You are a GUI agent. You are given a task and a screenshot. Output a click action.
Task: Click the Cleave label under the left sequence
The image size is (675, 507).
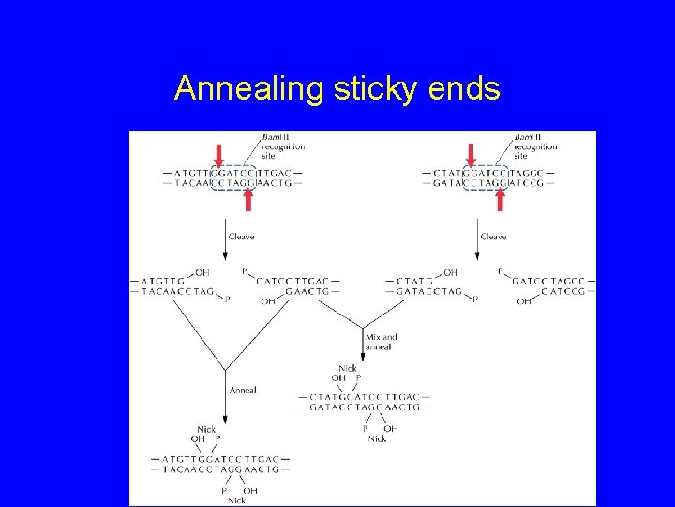coord(241,237)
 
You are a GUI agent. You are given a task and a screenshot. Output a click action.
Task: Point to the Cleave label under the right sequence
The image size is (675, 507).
coord(493,237)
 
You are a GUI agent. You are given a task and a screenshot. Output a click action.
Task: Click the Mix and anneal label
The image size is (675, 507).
coord(382,342)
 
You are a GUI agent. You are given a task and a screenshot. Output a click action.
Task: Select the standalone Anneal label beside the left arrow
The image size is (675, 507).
coord(243,390)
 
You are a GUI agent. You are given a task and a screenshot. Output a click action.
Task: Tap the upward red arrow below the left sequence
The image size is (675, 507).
coord(248,199)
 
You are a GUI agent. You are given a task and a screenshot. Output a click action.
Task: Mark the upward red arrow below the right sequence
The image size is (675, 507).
coord(501,199)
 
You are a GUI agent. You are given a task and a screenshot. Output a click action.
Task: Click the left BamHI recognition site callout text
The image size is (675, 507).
coord(283,146)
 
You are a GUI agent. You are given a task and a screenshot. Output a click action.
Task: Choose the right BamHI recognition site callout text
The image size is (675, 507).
coord(535,146)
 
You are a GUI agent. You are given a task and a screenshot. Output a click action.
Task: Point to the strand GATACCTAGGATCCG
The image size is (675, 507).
coord(487,183)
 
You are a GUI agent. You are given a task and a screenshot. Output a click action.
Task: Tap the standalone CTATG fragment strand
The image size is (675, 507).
coord(414,281)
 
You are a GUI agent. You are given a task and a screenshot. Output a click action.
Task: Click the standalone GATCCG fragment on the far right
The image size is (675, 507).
coord(562,292)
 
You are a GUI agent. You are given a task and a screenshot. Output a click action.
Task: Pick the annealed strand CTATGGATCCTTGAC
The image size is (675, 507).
coord(364,397)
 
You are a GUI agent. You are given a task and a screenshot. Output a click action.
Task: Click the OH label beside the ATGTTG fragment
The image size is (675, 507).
coord(202,272)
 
